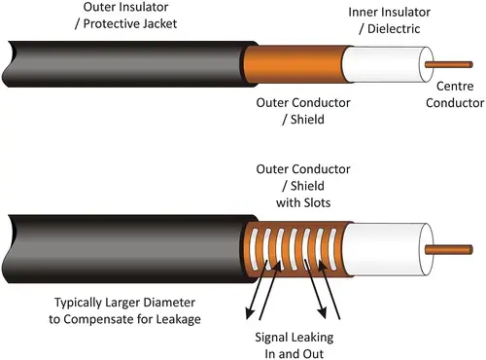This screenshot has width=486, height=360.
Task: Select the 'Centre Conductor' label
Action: (x=454, y=93)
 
